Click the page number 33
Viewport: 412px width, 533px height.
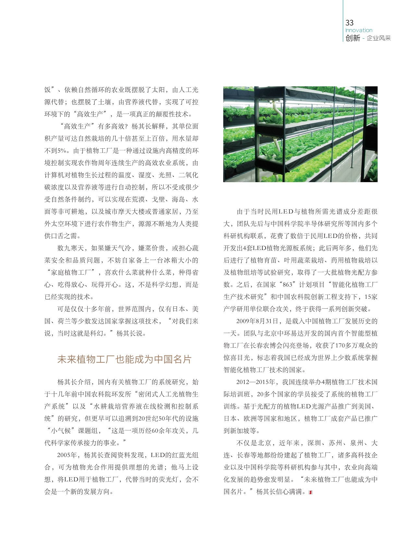point(349,22)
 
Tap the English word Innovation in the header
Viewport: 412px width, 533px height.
point(358,30)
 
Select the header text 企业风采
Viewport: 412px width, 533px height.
point(379,38)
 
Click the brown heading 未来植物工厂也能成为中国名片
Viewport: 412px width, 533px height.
point(124,359)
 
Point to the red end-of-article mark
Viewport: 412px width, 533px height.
point(310,492)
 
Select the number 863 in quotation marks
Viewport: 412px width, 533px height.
point(287,285)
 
